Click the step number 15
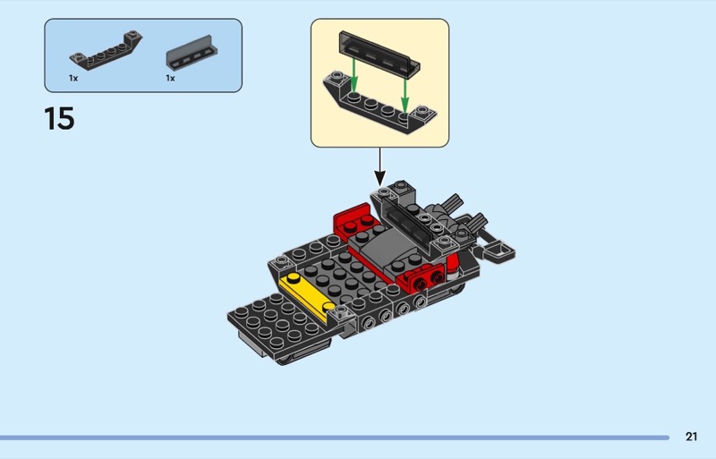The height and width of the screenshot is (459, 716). tap(59, 118)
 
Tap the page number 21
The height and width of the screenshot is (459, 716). tap(691, 437)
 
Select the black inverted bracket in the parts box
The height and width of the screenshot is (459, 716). tap(106, 51)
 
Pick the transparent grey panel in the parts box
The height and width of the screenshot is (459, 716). tap(192, 53)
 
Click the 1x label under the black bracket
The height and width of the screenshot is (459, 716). tap(73, 78)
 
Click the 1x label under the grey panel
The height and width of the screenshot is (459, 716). tap(170, 78)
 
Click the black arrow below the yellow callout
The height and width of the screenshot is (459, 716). tap(379, 166)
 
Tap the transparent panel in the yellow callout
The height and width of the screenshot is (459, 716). tap(379, 53)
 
